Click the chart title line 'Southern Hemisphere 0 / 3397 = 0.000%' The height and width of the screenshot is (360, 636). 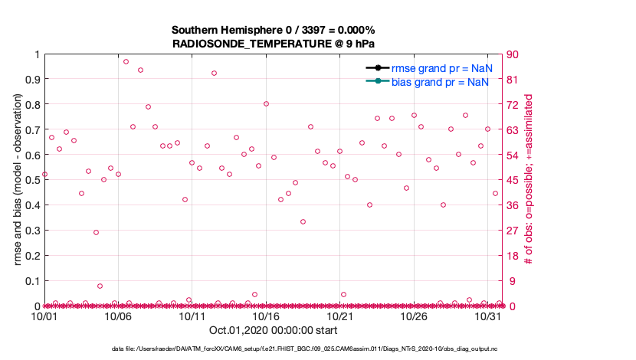coord(273,30)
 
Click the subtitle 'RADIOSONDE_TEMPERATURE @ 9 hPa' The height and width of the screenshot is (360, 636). coord(273,44)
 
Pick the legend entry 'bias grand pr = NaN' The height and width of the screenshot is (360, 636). coord(440,81)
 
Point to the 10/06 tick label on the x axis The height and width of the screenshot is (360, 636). coord(118,316)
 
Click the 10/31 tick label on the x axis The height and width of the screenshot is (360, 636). coord(488,316)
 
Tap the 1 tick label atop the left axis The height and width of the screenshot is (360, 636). coord(35,54)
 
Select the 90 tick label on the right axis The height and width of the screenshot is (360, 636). coord(514,54)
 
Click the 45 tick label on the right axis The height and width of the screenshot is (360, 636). coord(514,180)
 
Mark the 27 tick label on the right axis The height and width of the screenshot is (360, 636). coord(514,231)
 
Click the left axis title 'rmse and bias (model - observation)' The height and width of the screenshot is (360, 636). coord(17,180)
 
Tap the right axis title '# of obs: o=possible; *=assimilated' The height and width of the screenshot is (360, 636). coord(529,180)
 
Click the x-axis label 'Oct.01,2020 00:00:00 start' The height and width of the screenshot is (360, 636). coord(273,330)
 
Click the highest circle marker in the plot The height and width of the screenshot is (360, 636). coord(126,61)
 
